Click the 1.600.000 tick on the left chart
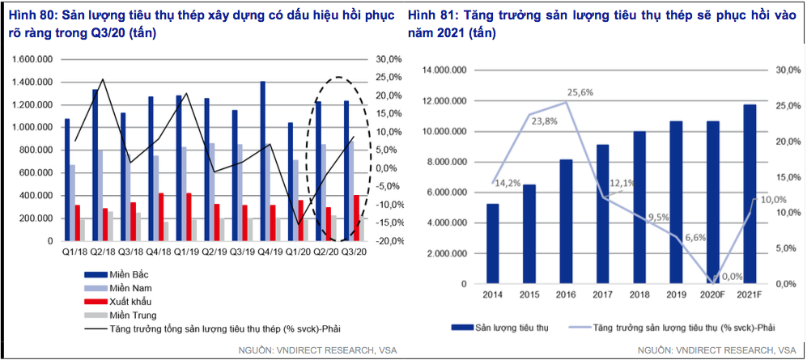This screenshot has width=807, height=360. point(30,60)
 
